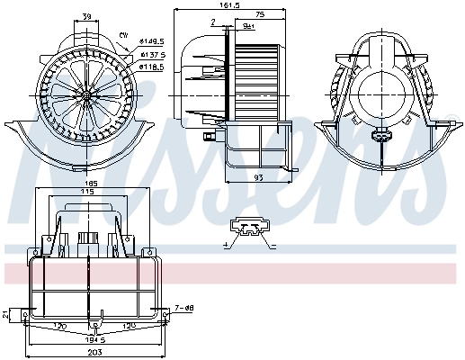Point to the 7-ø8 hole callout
pyautogui.click(x=184, y=308)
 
